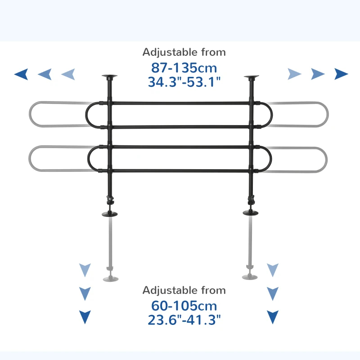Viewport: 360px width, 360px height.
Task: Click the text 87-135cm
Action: (184, 68)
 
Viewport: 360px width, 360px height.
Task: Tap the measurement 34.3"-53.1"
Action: (184, 82)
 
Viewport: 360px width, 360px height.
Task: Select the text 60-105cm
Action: (184, 306)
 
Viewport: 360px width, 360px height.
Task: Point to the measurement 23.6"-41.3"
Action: (184, 320)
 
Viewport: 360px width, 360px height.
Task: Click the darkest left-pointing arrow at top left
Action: (21, 74)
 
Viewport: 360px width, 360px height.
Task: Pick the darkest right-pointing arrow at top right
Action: (341, 74)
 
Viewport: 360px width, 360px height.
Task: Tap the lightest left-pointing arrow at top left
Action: (68, 74)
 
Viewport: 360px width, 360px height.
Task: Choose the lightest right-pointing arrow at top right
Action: (294, 74)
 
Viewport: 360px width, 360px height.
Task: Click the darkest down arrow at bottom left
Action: (85, 317)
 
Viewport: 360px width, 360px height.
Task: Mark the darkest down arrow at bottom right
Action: (273, 317)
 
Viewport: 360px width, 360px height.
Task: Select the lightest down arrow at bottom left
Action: (85, 270)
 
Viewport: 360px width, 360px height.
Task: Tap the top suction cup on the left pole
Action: (109, 77)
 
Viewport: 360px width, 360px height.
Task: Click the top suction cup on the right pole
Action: (252, 77)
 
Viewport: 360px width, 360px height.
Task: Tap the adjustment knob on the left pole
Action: (108, 198)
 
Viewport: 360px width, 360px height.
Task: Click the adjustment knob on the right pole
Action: (253, 198)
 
